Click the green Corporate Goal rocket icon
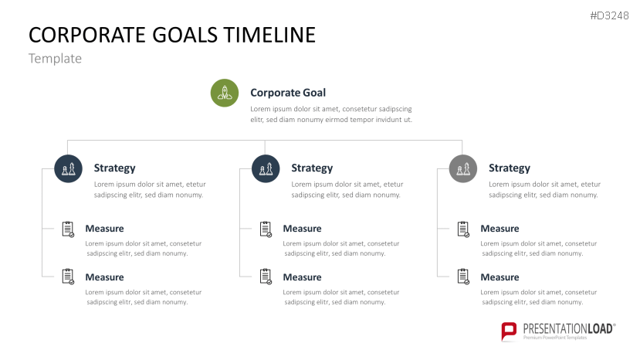(224, 93)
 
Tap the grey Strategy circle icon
(462, 168)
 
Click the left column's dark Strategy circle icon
(68, 168)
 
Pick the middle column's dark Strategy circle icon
(266, 168)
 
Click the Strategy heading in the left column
(114, 168)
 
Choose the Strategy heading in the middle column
(312, 168)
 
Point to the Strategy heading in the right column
(510, 168)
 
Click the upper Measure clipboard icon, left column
(68, 229)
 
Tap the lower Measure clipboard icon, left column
(68, 276)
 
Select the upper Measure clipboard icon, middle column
(266, 229)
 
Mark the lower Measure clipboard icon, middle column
(266, 276)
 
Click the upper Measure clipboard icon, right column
(463, 229)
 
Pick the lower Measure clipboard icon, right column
(463, 276)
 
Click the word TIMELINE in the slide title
(269, 35)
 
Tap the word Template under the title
(55, 59)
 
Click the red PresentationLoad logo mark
(509, 331)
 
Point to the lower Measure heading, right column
(499, 277)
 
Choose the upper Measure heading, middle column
(302, 229)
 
